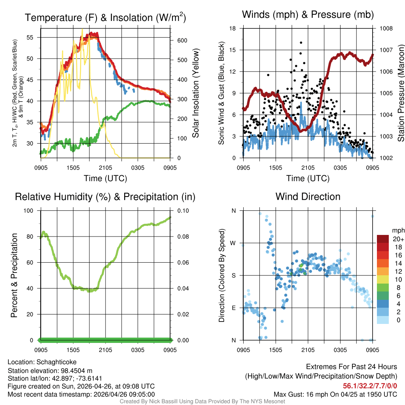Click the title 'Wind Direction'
point(308,197)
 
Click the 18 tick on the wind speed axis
point(233,28)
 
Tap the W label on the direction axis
point(233,243)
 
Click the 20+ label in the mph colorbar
point(398,239)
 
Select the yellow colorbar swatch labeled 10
point(383,279)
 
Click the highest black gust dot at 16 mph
point(301,43)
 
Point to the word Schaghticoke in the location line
point(57,362)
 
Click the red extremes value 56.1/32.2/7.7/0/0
point(370,386)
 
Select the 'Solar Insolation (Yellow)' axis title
point(196,93)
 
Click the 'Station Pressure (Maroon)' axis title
point(401,93)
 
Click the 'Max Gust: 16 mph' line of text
point(335,394)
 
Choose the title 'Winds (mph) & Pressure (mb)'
point(308,15)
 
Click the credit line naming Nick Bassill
point(202,401)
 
